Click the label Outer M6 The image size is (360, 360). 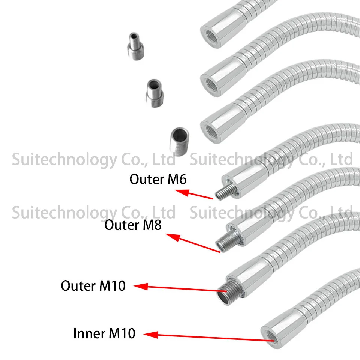[x=158, y=179]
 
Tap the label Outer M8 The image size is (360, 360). [x=133, y=225]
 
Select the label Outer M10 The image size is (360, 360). [x=93, y=286]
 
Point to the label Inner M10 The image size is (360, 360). [x=104, y=333]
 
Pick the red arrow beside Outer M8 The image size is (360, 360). [x=193, y=243]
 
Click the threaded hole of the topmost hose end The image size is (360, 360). [x=209, y=31]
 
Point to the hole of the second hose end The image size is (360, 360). [x=208, y=80]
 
